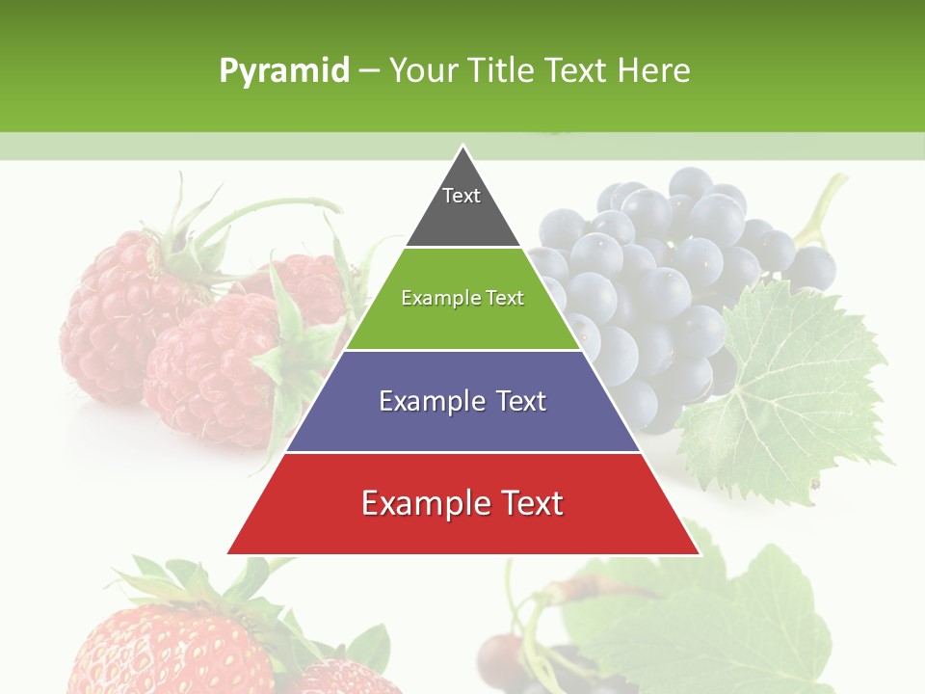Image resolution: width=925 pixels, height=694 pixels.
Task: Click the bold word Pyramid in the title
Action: (283, 71)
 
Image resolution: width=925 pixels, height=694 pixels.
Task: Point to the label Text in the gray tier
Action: (462, 196)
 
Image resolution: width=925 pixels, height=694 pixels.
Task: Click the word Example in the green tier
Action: (432, 298)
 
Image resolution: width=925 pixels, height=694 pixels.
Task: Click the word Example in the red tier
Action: (422, 503)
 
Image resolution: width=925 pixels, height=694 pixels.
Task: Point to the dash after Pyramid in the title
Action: (369, 71)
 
